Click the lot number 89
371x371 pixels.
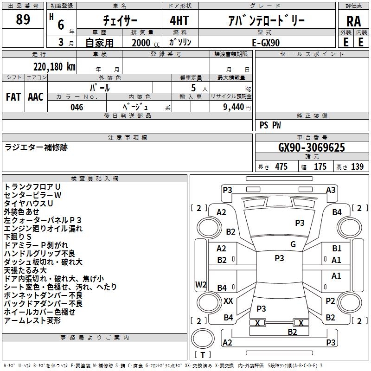coord(23,19)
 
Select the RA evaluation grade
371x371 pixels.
coord(354,21)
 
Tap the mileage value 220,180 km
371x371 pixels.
coord(54,67)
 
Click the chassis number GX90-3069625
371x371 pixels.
coord(312,147)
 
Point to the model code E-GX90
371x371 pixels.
coord(266,43)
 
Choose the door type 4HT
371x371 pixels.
coord(179,20)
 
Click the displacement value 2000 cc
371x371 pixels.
coord(146,43)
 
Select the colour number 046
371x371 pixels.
coord(77,107)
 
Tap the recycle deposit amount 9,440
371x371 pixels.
coord(234,107)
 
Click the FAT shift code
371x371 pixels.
coord(13,97)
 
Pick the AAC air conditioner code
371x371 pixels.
coord(36,97)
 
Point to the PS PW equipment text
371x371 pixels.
coord(270,125)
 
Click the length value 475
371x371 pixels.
coord(281,166)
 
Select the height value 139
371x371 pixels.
coord(357,166)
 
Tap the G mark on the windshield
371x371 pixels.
coord(293,244)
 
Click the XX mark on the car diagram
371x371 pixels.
coord(228,301)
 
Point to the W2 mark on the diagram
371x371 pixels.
coord(201,284)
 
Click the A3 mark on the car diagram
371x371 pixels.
coord(331,190)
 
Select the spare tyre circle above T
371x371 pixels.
coord(203,339)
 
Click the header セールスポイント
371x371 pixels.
coord(312,54)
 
